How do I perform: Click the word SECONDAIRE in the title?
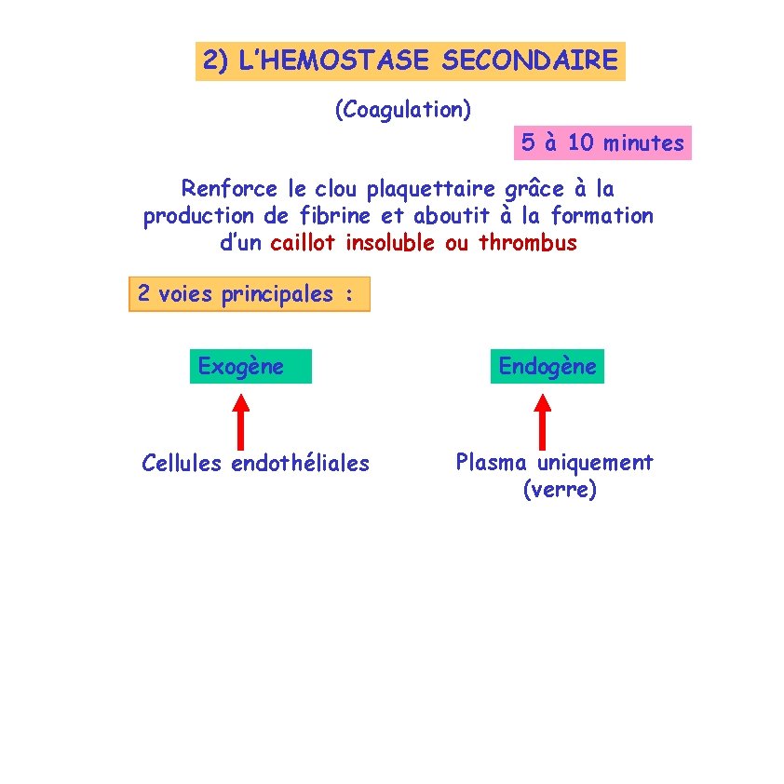coord(529,61)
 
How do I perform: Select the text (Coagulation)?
coord(403,110)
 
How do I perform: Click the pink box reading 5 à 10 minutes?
coord(602,142)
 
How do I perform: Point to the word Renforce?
coord(229,189)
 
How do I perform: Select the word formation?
coord(602,216)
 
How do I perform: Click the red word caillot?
coord(304,244)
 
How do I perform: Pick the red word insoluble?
coord(389,244)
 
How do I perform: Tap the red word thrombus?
coord(528,244)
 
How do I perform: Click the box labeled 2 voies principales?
coord(249,294)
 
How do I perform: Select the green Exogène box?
coord(250,367)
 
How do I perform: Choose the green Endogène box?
coord(547,367)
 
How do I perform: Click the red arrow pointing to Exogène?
coord(241,421)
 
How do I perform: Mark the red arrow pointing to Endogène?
coord(543,421)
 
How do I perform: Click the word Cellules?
coord(182,463)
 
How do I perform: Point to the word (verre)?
coord(560,490)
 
